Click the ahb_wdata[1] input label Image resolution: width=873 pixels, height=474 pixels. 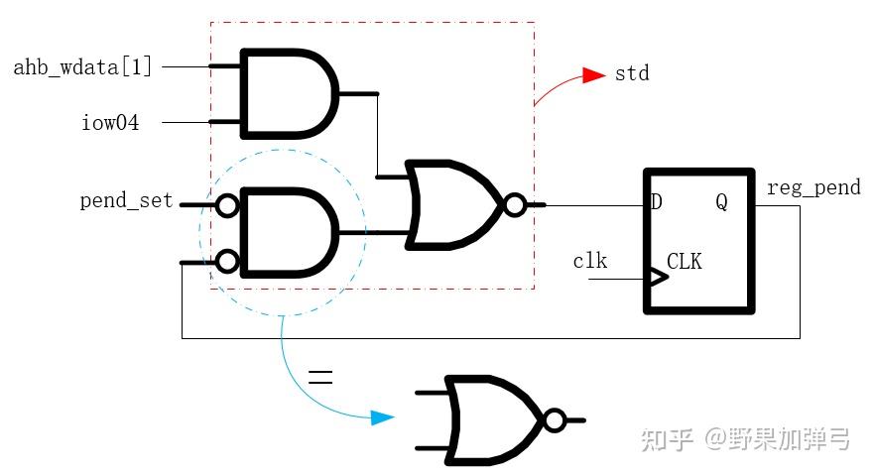click(x=83, y=67)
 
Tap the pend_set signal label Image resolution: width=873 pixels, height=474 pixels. click(x=126, y=201)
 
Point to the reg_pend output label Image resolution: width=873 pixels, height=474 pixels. click(x=813, y=187)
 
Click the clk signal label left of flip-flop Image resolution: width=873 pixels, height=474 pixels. click(x=590, y=262)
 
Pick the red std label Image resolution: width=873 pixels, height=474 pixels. click(x=632, y=73)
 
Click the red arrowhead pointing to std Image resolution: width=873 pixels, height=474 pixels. click(x=593, y=75)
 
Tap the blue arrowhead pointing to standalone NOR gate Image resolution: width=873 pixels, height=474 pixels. click(x=383, y=417)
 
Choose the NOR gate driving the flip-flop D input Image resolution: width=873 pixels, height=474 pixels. click(x=456, y=205)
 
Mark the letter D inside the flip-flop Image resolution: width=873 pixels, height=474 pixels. click(x=656, y=203)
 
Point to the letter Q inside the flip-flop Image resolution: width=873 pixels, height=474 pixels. click(x=721, y=203)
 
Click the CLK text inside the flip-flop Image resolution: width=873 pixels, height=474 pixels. click(x=685, y=263)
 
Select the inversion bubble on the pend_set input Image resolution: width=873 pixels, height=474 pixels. click(x=227, y=205)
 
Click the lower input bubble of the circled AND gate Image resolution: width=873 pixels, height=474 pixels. click(x=227, y=262)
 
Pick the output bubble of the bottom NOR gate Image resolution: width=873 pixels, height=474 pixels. click(x=554, y=420)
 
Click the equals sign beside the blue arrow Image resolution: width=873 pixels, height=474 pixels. click(x=319, y=377)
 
